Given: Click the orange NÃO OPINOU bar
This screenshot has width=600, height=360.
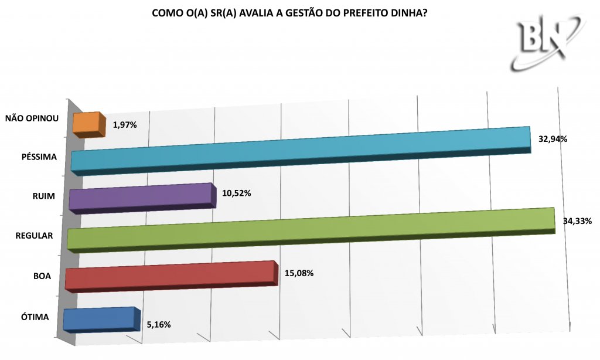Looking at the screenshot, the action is pyautogui.click(x=89, y=125).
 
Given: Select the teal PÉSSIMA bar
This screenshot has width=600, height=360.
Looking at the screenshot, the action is pyautogui.click(x=301, y=151).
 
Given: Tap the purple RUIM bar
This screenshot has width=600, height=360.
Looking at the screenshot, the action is pyautogui.click(x=142, y=198).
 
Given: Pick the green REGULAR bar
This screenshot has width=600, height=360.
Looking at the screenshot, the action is pyautogui.click(x=311, y=230).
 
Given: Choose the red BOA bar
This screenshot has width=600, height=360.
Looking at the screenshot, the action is pyautogui.click(x=171, y=277).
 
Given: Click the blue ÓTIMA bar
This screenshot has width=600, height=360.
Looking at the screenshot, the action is pyautogui.click(x=101, y=320).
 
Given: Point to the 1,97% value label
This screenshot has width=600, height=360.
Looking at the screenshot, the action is pyautogui.click(x=125, y=125).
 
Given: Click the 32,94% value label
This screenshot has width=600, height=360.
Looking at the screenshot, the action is pyautogui.click(x=553, y=139).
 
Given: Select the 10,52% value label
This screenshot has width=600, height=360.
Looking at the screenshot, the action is pyautogui.click(x=237, y=193).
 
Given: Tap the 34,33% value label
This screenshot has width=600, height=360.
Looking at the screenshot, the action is pyautogui.click(x=577, y=221).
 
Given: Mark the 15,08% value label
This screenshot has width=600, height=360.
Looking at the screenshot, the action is pyautogui.click(x=299, y=273).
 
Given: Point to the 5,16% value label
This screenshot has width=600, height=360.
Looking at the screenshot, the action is pyautogui.click(x=159, y=325).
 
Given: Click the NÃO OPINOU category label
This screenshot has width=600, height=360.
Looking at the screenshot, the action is pyautogui.click(x=32, y=118).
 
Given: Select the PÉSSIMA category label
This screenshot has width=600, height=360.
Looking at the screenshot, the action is pyautogui.click(x=39, y=157).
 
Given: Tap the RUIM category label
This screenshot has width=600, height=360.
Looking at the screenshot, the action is pyautogui.click(x=43, y=196).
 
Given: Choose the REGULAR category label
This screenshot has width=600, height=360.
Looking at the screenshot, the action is pyautogui.click(x=34, y=236).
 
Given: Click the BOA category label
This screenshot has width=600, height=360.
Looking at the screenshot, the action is pyautogui.click(x=42, y=276).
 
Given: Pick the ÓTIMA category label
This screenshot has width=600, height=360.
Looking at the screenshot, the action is pyautogui.click(x=35, y=317).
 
